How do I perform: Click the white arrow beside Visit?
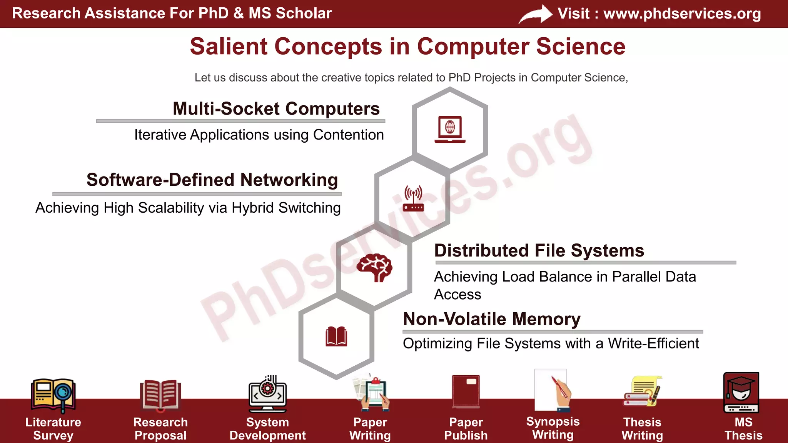point(536,15)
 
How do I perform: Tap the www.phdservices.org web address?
point(682,13)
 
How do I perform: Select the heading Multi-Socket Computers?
point(276,108)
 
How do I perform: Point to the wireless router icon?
point(413,198)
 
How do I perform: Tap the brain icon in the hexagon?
point(374,268)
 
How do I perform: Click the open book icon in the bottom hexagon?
point(336,337)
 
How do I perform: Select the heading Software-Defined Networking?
point(212,180)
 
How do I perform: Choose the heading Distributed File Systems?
point(539,251)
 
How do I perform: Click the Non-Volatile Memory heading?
point(491,319)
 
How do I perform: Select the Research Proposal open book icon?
point(160,394)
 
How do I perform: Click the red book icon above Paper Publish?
point(466,391)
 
